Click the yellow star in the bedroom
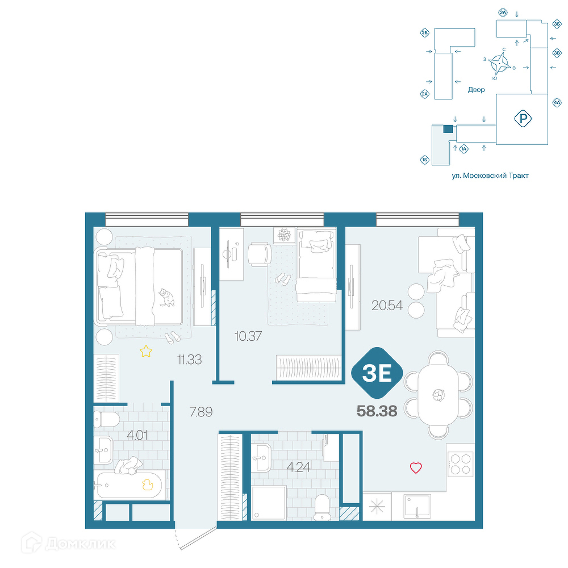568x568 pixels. click(x=146, y=351)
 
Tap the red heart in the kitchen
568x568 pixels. click(x=416, y=468)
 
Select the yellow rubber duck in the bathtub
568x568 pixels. click(x=147, y=485)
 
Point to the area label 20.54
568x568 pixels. click(x=387, y=306)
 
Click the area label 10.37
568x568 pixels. click(x=248, y=336)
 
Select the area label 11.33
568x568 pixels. click(x=189, y=360)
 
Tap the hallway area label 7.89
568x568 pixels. click(x=201, y=412)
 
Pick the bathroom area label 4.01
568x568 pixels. click(x=137, y=435)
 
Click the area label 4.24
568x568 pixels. click(x=299, y=467)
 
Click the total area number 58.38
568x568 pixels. click(x=377, y=411)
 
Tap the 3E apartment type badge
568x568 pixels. click(x=377, y=373)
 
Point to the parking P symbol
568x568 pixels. click(x=523, y=119)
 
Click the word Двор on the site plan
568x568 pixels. click(x=476, y=90)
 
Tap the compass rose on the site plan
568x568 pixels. click(x=499, y=64)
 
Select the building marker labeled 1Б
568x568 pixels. click(x=425, y=160)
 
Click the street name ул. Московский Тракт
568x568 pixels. click(x=490, y=176)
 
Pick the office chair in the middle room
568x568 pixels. click(x=260, y=254)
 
